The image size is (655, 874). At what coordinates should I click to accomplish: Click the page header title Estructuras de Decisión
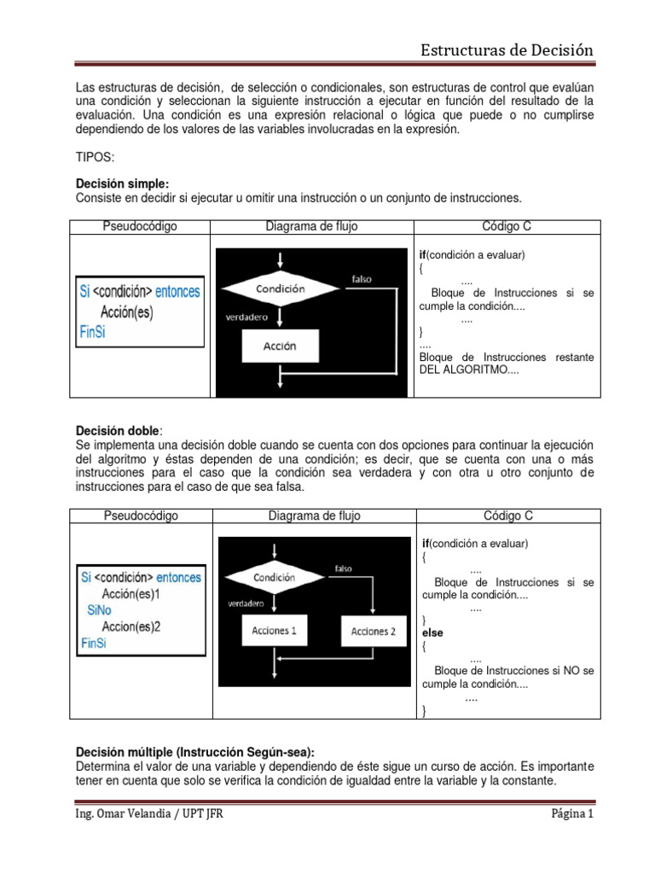(507, 50)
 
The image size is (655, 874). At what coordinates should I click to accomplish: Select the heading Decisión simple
(122, 184)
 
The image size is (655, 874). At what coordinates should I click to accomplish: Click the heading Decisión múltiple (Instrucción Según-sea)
(195, 752)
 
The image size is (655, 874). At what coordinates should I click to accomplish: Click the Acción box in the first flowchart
(280, 347)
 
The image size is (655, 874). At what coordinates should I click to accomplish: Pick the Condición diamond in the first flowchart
(280, 289)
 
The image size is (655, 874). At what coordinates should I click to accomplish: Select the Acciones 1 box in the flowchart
(275, 632)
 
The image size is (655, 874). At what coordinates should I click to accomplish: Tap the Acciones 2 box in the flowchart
(374, 632)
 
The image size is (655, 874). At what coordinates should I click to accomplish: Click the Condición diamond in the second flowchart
(275, 578)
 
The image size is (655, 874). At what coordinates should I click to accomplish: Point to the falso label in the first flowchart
(362, 279)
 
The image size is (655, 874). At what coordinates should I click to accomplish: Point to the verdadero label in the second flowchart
(245, 603)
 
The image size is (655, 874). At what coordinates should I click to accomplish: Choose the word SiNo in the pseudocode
(101, 611)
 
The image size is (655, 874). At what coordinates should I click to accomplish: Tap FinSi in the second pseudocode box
(94, 643)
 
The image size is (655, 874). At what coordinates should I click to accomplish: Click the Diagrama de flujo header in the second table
(313, 516)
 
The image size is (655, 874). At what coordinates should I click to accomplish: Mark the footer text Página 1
(571, 814)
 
